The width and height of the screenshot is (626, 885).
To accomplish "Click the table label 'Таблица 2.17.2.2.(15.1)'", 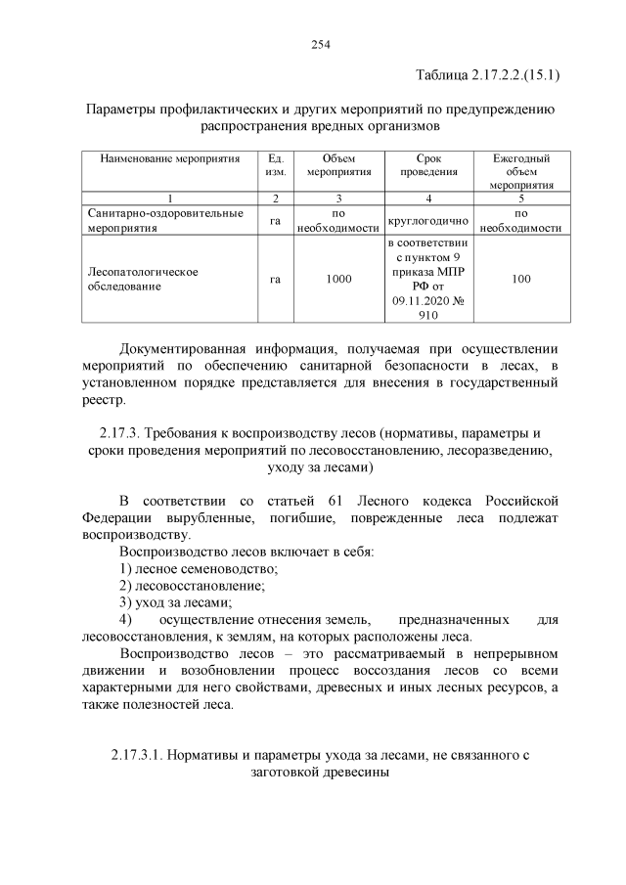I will click(487, 74).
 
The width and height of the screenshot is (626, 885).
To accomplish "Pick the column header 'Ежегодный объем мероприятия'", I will click(520, 170).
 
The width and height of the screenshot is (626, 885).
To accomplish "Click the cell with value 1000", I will click(338, 280).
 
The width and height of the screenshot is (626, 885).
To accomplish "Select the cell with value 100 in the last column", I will click(520, 280).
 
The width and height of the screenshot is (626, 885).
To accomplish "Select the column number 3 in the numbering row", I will click(338, 198).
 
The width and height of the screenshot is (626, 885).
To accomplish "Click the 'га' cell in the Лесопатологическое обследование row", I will click(276, 280).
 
